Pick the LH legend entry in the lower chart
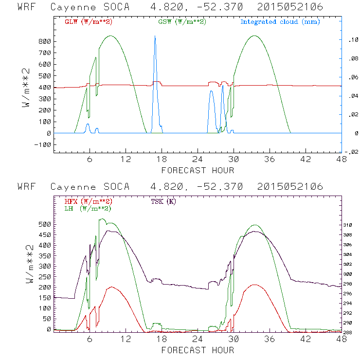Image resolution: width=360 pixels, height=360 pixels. coord(88,208)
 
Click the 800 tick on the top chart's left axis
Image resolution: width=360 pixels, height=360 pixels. coord(45,41)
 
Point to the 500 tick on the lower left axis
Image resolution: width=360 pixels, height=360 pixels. coord(45,224)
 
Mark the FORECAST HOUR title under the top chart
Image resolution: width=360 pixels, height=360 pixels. coord(198,170)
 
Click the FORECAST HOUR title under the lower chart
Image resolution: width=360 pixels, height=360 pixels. coord(198,350)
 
